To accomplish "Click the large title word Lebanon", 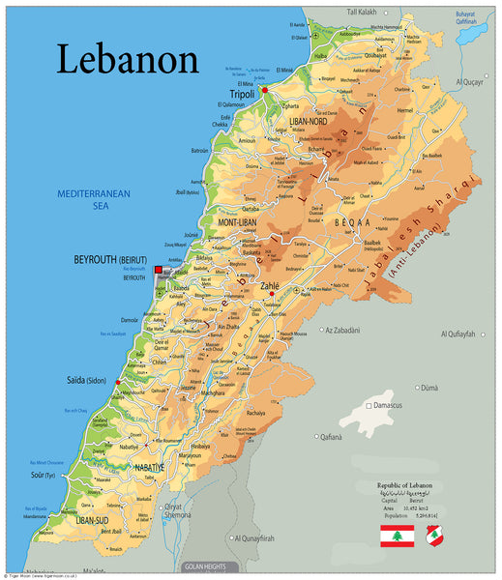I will (x=127, y=59).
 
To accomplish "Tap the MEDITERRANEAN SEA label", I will (x=93, y=199).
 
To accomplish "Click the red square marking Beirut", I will (x=159, y=270).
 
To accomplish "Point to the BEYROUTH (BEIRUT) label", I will (x=109, y=260).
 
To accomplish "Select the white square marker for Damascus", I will (x=369, y=405).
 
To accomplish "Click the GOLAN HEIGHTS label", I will (x=209, y=566).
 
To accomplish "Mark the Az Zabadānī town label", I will (x=353, y=330).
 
